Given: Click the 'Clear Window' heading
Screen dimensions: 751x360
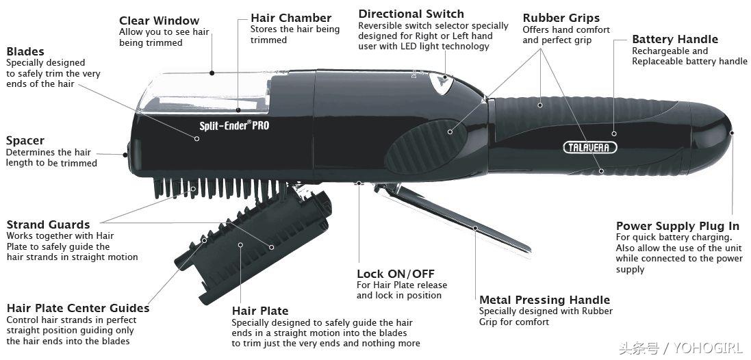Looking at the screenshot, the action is pyautogui.click(x=159, y=21).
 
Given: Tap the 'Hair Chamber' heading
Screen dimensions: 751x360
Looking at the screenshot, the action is pyautogui.click(x=291, y=18).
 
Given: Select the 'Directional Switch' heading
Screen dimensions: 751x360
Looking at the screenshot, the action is pyautogui.click(x=411, y=14).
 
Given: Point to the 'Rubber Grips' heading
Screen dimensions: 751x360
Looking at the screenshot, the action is pyautogui.click(x=561, y=18).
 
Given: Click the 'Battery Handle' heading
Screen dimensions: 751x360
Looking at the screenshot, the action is pyautogui.click(x=675, y=39).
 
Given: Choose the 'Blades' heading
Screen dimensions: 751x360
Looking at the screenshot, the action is pyautogui.click(x=25, y=51).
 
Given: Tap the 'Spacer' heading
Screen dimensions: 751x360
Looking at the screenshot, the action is pyautogui.click(x=25, y=141).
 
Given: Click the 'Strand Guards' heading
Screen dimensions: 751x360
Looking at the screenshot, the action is pyautogui.click(x=48, y=224).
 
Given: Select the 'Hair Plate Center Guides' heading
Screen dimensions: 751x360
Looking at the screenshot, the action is pyautogui.click(x=78, y=308).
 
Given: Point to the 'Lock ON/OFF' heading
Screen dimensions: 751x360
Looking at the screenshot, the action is pyautogui.click(x=396, y=274).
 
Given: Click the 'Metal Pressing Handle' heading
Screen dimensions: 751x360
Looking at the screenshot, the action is pyautogui.click(x=544, y=300).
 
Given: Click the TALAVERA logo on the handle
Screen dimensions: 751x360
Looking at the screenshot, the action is pyautogui.click(x=589, y=147).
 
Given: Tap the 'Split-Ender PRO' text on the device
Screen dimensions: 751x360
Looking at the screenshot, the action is pyautogui.click(x=234, y=125).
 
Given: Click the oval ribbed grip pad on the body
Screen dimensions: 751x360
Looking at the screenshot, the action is pyautogui.click(x=427, y=146).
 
